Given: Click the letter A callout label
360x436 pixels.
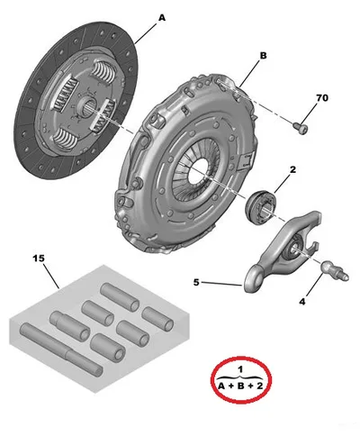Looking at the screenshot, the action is pos(162,18).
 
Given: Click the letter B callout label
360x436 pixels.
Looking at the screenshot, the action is pos(263,56).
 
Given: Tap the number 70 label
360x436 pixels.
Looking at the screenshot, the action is pos(322,98).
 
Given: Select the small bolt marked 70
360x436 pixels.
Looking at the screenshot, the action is pos(301,128).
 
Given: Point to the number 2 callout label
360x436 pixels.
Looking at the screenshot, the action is pos(292,169).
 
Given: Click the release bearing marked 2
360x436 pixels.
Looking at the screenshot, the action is pos(260,207).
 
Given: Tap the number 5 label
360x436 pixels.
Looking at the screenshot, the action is pos(196,282).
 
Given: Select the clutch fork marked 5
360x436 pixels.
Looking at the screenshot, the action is pos(282,251).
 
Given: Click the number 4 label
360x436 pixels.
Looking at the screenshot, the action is pos(302,302).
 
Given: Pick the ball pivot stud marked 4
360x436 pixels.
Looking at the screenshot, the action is pos(334,270).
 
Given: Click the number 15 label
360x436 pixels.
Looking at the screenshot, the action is pos(39,259).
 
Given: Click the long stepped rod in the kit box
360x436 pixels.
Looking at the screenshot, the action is pos(61,349).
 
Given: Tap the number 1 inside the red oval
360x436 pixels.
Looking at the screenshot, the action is pos(240,369).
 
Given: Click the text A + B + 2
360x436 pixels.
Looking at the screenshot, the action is pos(240,386).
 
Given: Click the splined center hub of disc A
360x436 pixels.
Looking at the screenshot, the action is pos(86,106).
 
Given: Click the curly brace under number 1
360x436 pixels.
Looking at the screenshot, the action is pos(240,377).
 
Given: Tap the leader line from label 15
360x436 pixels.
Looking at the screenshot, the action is pos(51,277).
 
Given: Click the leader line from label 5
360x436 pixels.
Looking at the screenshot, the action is pos(222,284).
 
